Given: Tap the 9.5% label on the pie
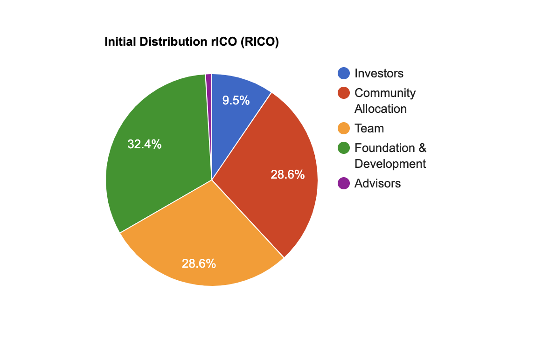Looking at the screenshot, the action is (x=236, y=101).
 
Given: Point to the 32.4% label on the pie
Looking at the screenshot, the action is (x=144, y=144).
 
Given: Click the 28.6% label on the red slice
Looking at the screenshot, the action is (x=288, y=175).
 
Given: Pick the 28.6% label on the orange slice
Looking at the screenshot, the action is (x=199, y=263).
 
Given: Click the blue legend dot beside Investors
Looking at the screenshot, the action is (x=344, y=73).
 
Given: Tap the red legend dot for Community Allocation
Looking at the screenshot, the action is (x=344, y=93).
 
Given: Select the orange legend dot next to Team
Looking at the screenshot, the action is (x=344, y=128).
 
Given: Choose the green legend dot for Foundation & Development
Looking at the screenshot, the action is (x=344, y=148).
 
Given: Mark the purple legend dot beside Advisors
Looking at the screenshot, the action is (x=344, y=183).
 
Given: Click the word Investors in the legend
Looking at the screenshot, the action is (x=379, y=73).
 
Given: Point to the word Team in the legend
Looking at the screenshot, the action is (x=369, y=128).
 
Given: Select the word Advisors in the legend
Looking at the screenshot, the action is (x=378, y=183).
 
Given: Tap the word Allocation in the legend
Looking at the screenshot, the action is (x=381, y=109).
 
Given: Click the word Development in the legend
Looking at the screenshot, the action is (x=390, y=164).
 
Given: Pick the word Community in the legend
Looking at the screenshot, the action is (x=385, y=93).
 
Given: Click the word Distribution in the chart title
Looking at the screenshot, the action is (x=173, y=42).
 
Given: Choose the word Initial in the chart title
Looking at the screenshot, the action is (x=120, y=42).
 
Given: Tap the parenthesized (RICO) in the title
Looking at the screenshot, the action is (x=259, y=42).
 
